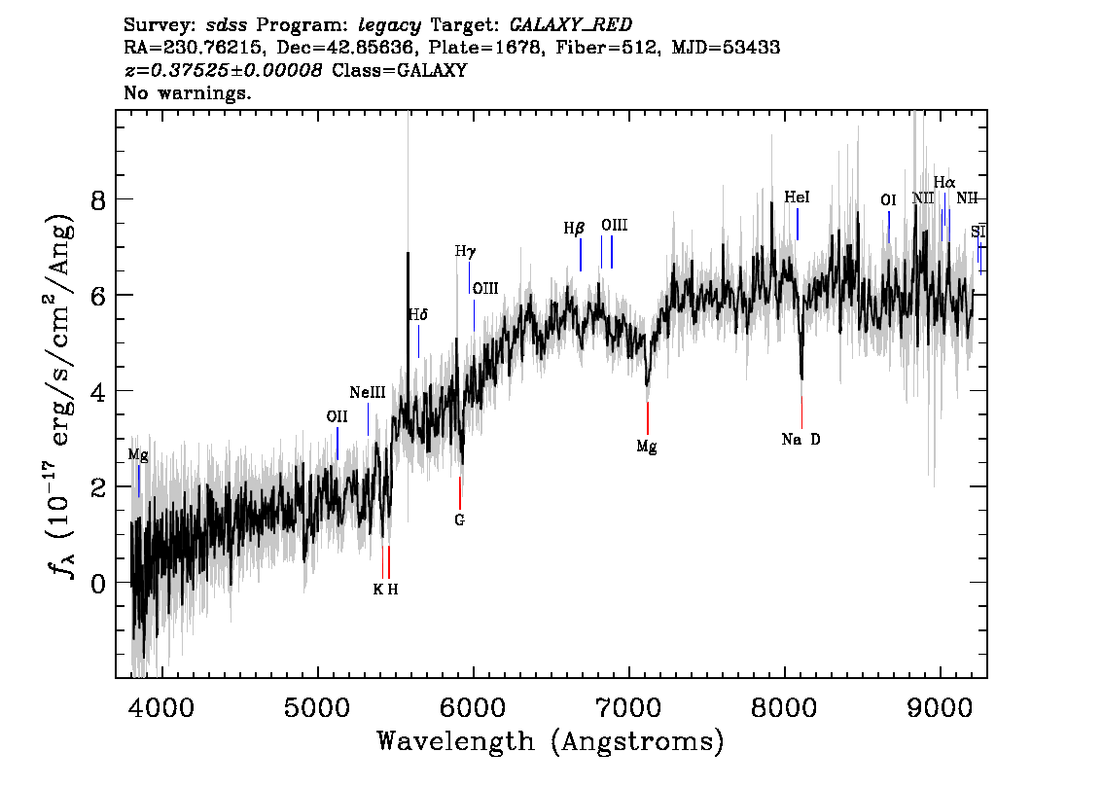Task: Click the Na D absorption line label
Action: [x=801, y=440]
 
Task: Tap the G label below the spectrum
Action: [x=459, y=520]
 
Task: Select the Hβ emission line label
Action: [x=574, y=229]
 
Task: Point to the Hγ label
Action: [x=466, y=251]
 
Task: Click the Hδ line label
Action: [x=417, y=314]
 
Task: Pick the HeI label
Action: [x=797, y=197]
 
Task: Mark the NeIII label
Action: [x=368, y=393]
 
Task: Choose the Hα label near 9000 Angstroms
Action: [x=943, y=182]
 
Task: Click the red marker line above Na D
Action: [x=801, y=412]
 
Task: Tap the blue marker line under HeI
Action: [x=798, y=224]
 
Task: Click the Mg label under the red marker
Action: [x=647, y=447]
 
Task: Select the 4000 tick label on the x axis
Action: [x=161, y=705]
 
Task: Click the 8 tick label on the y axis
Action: [x=95, y=199]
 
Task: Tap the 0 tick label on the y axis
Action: [x=95, y=583]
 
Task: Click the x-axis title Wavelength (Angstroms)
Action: [x=551, y=741]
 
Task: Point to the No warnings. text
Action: [x=188, y=93]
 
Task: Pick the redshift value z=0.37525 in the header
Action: [x=223, y=70]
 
